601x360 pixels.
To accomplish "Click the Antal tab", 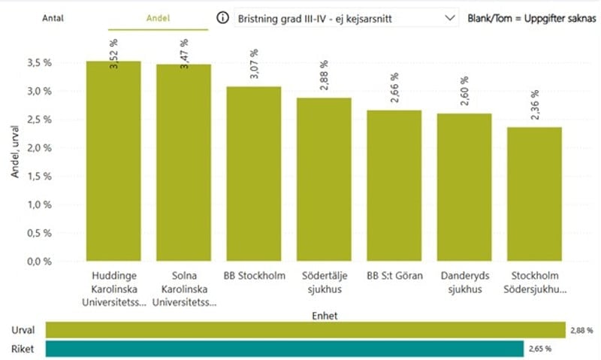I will pos(52,18).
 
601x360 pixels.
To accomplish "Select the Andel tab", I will pos(157,18).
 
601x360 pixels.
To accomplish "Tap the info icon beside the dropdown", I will pos(222,17).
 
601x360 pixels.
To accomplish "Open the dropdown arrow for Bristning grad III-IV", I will pos(449,17).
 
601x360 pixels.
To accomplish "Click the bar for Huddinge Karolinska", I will pos(113,162).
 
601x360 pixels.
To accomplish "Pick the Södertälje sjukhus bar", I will pos(324,180).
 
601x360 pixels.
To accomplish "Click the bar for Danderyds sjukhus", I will pos(464,188).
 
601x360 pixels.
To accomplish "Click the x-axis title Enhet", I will pos(324,316).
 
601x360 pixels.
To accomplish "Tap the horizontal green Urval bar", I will pos(305,330).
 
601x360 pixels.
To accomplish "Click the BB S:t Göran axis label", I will pos(394,276).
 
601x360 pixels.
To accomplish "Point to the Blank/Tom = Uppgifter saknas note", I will pos(532,17).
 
